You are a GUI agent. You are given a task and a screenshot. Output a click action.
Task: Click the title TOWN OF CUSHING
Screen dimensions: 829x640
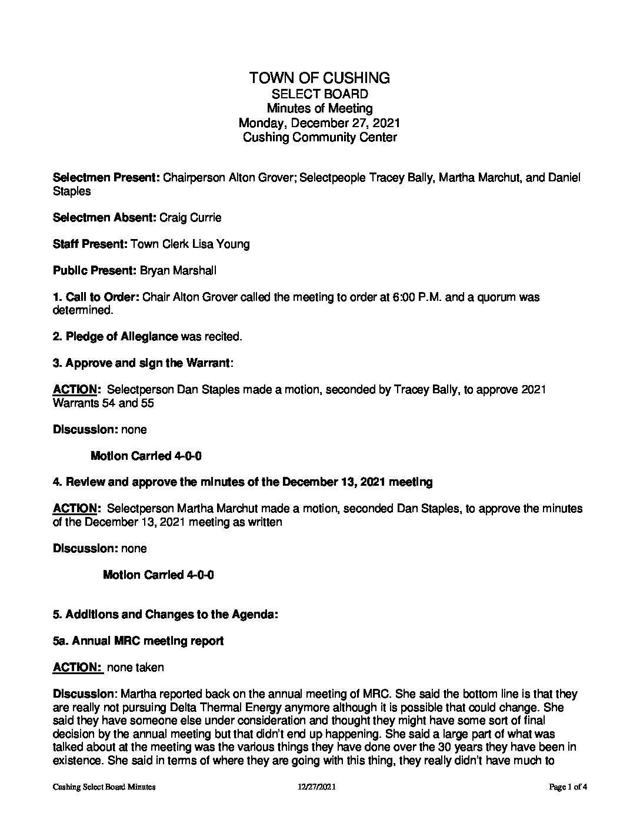pos(319,78)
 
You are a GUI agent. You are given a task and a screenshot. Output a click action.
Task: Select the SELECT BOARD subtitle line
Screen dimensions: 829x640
pos(319,94)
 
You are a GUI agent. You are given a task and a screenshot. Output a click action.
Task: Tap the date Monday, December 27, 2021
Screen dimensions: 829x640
pos(319,123)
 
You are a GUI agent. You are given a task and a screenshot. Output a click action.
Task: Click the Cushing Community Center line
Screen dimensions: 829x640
pos(319,138)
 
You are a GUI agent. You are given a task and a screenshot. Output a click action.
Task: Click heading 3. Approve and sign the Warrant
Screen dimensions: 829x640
pos(142,363)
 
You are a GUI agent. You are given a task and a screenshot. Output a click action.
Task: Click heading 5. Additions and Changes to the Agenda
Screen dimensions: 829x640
pos(165,615)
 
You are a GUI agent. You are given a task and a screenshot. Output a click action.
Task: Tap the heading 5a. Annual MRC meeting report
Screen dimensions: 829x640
pos(138,641)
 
